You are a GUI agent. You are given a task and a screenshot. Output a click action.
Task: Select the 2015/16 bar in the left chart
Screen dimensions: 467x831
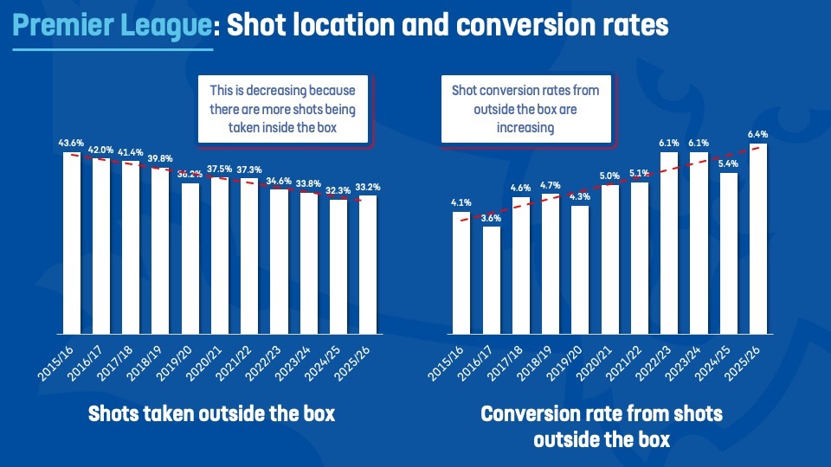click(x=71, y=242)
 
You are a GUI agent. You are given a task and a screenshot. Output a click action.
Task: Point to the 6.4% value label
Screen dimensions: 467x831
click(x=757, y=134)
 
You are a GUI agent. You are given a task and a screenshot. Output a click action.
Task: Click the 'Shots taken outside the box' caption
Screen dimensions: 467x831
click(x=212, y=414)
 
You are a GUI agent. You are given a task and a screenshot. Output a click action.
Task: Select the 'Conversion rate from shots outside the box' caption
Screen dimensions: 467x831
click(x=601, y=426)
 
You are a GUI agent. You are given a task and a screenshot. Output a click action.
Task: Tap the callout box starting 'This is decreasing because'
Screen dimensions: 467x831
click(x=283, y=110)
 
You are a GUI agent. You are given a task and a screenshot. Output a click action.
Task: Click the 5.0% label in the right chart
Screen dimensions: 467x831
click(x=609, y=176)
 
